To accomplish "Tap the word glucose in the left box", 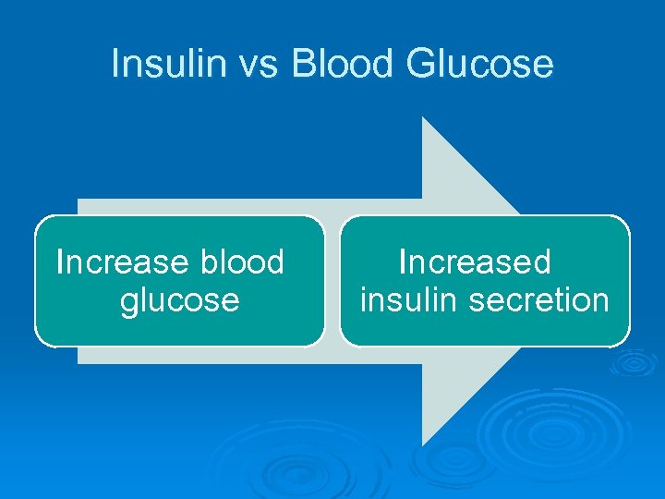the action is point(179,299).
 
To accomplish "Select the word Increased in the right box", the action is point(474,262).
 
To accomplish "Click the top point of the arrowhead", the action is point(423,117).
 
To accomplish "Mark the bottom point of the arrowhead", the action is point(423,445).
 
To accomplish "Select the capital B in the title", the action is point(303,64).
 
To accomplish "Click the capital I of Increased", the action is point(402,262).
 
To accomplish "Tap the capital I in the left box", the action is point(60,262).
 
